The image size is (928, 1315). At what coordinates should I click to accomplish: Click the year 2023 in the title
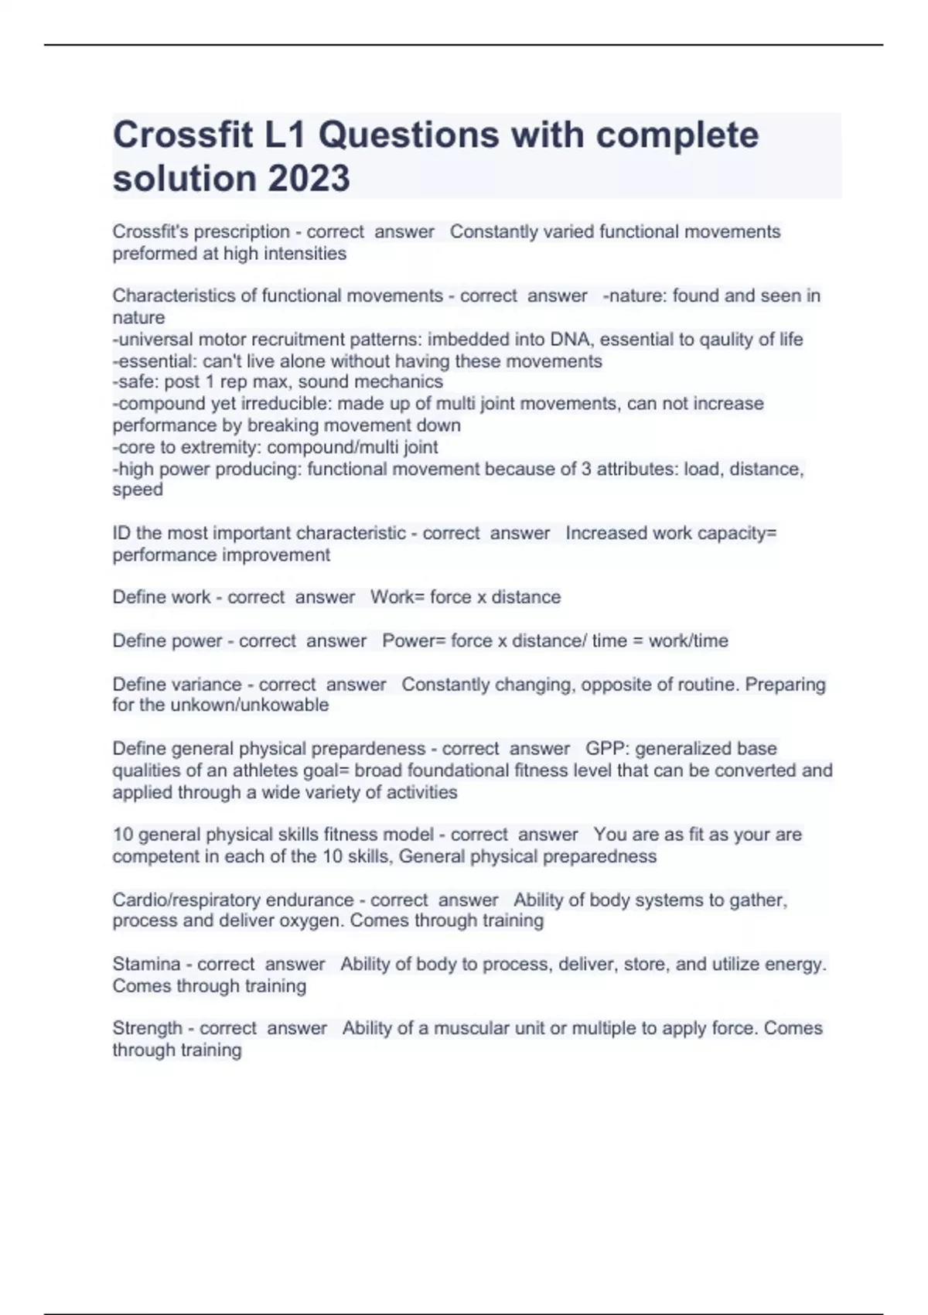tap(308, 178)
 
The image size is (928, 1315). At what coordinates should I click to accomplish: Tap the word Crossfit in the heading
tap(183, 135)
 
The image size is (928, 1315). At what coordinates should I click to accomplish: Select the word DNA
tap(569, 339)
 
